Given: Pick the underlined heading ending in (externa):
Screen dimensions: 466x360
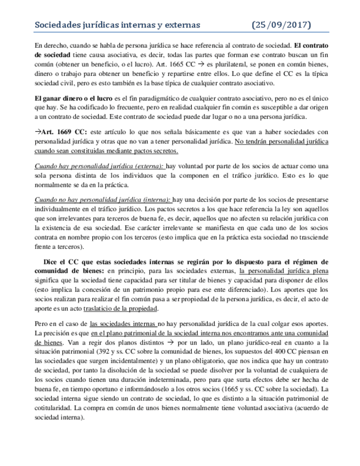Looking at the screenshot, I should coord(99,167).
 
